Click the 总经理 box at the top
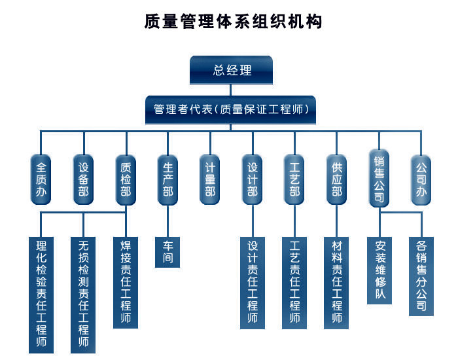231,70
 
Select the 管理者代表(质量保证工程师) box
230,109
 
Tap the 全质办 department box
41,179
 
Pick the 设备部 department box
84,179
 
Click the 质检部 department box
126,179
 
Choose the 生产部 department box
167,179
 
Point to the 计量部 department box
210,179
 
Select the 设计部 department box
253,179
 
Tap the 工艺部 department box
294,179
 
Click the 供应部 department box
336,179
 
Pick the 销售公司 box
379,178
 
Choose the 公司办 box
421,179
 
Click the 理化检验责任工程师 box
41,295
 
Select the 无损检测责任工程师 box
83,295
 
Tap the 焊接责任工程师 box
126,283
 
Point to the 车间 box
167,252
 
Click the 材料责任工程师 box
336,283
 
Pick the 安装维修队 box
379,270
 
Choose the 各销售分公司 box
421,276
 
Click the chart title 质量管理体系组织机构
233,22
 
